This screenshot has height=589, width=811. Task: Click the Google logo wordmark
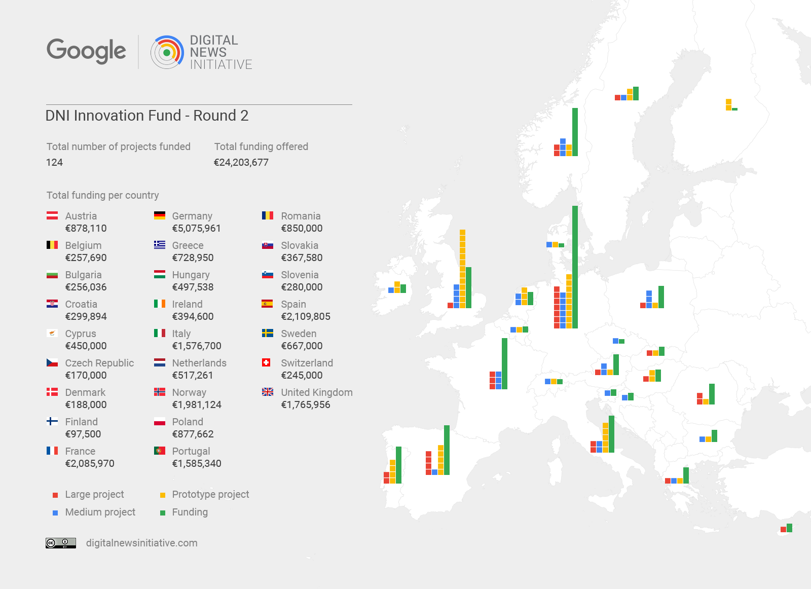[x=86, y=51]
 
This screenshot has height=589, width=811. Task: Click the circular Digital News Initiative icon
[x=167, y=52]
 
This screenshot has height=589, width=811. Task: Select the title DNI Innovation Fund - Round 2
[x=147, y=116]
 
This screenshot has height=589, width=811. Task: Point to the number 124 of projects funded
[x=54, y=162]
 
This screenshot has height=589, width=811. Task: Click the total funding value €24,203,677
[x=241, y=162]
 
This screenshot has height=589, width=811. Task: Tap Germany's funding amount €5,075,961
[x=196, y=228]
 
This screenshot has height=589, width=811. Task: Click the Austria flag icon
[x=52, y=216]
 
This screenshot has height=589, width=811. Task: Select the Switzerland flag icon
[x=266, y=362]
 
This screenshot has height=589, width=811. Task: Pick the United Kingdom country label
[x=316, y=392]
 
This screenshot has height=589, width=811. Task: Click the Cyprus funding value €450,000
[x=86, y=346]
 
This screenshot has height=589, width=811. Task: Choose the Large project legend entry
[x=94, y=494]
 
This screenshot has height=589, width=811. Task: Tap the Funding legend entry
[x=190, y=512]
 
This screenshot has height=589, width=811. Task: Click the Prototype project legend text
[x=210, y=494]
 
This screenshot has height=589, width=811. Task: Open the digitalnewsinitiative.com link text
[x=141, y=543]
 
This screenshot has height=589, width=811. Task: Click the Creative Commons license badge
[x=61, y=543]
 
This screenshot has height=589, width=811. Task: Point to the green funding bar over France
[x=504, y=363]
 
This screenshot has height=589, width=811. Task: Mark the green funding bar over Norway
[x=575, y=132]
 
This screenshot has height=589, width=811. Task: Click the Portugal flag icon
[x=160, y=451]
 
